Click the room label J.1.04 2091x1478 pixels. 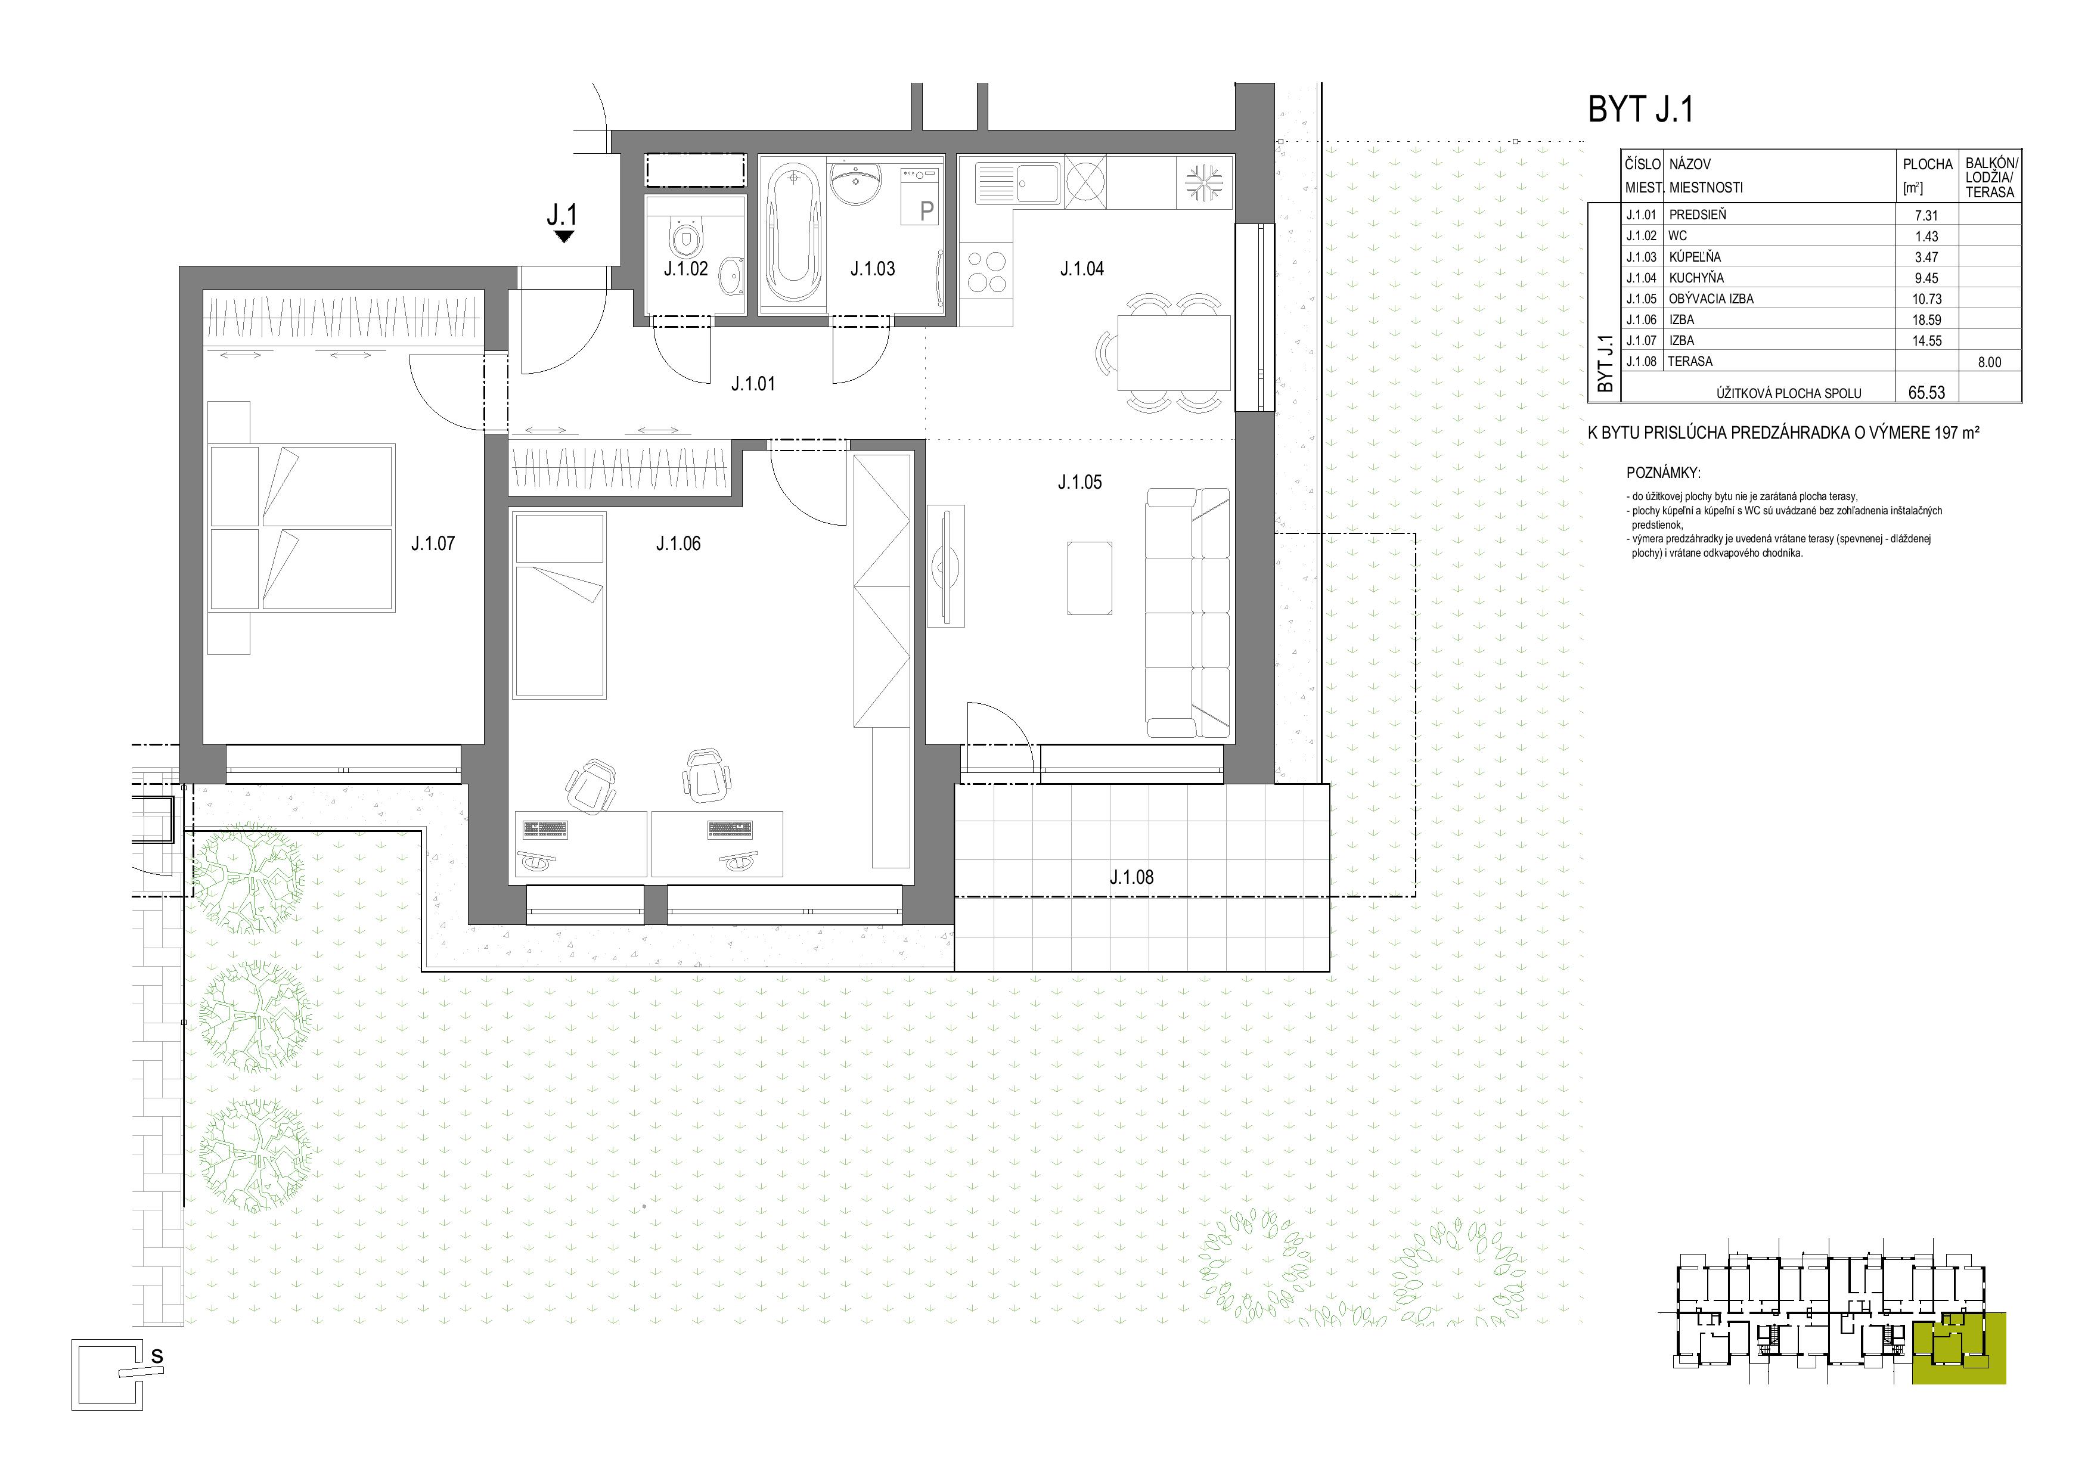1082,269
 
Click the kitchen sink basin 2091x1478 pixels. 1037,183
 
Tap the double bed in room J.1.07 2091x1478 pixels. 302,527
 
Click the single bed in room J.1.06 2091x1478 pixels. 559,605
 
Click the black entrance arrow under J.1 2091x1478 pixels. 564,237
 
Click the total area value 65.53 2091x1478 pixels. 1926,393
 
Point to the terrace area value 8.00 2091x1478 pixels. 1989,362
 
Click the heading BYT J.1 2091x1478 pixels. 1640,109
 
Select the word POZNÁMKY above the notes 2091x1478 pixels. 1663,474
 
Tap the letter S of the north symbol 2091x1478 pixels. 157,1356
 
